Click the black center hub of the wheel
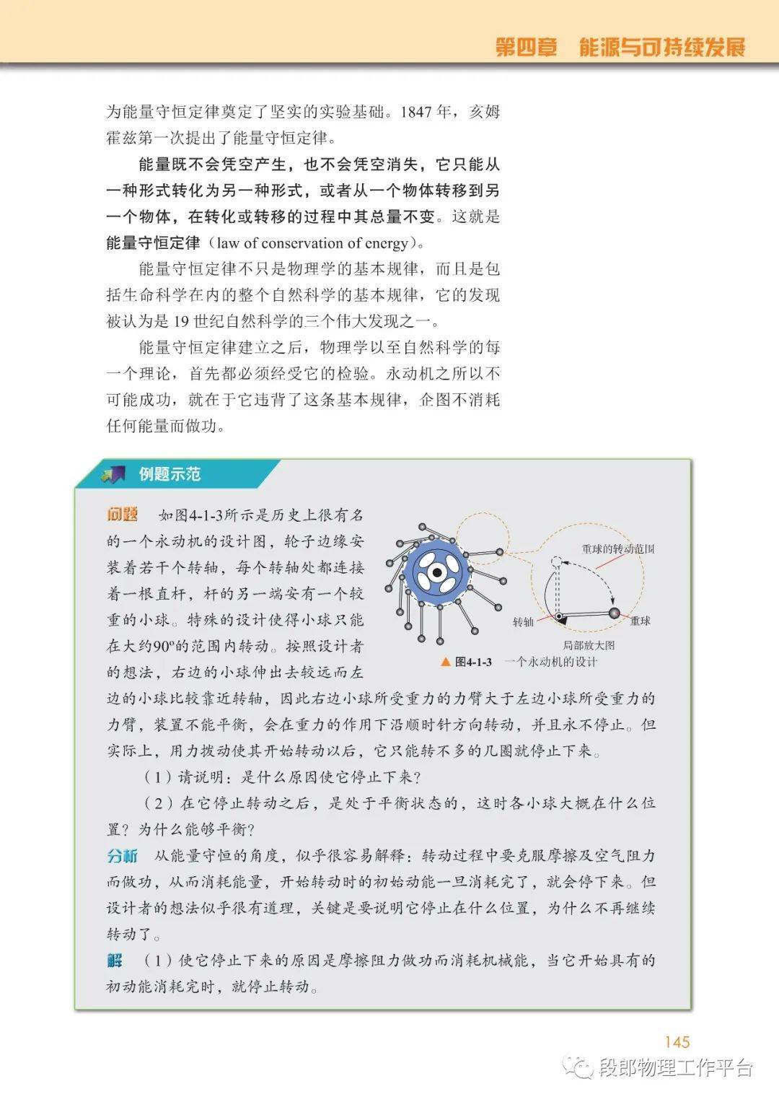[x=436, y=573]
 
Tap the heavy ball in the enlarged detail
[x=615, y=613]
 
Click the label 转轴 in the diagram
[x=523, y=622]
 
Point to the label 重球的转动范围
[x=617, y=549]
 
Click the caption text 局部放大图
[x=589, y=645]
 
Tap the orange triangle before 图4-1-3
[x=445, y=661]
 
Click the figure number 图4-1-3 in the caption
[x=473, y=662]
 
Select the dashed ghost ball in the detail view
[x=556, y=561]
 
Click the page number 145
[x=677, y=1042]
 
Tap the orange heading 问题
[x=122, y=515]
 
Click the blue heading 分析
[x=122, y=856]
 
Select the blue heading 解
[x=115, y=961]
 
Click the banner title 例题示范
[x=170, y=475]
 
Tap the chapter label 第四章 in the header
[x=527, y=48]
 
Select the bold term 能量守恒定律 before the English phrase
[x=153, y=243]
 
